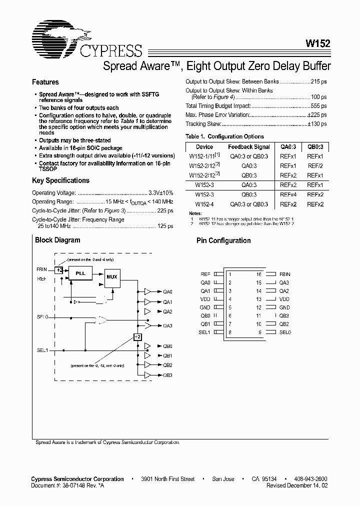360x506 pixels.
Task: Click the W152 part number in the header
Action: coord(316,43)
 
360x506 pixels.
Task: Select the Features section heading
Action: coord(45,82)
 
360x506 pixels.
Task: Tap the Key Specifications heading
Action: coord(60,180)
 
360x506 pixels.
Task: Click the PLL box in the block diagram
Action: coord(80,273)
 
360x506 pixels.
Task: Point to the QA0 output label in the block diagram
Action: coord(167,291)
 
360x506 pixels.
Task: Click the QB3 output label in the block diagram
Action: coord(167,375)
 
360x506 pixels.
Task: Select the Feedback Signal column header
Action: coord(248,147)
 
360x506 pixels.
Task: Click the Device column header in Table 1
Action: coord(204,147)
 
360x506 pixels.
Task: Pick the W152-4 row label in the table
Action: coord(204,204)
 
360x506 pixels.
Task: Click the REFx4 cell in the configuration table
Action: coord(288,194)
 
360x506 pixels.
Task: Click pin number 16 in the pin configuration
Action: coord(258,274)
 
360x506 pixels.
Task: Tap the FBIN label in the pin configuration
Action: coord(284,274)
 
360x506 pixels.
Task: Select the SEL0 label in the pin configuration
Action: coord(285,332)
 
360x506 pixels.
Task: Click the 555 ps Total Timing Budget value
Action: coord(317,106)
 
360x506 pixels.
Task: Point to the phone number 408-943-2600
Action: coord(310,479)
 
